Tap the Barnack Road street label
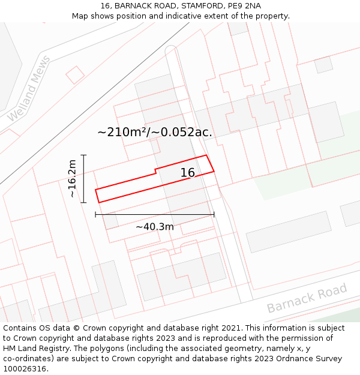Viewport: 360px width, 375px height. [307, 298]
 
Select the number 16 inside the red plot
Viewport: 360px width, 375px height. [188, 173]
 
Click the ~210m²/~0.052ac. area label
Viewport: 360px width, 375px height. [155, 132]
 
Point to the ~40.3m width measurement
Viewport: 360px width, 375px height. [155, 227]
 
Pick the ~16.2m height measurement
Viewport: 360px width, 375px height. [72, 179]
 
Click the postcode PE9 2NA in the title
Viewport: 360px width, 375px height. [244, 6]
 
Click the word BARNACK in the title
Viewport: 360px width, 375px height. [134, 6]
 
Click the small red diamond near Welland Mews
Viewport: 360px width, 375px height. [75, 75]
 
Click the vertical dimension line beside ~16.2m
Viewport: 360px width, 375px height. [84, 179]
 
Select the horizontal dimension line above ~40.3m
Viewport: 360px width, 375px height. [155, 214]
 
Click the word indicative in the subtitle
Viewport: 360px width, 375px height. [199, 16]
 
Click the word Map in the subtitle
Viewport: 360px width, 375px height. [81, 16]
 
